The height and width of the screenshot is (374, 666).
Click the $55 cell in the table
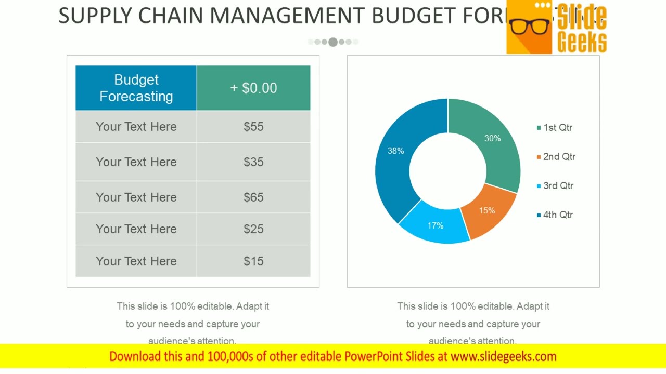click(x=253, y=127)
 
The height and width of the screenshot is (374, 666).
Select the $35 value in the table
click(x=253, y=162)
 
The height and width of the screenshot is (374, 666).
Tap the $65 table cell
click(x=253, y=197)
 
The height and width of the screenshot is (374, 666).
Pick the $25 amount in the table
click(x=253, y=229)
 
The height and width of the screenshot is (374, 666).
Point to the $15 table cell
click(x=253, y=261)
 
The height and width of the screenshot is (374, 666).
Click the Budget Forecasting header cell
click(x=136, y=88)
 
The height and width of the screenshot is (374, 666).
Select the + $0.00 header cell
click(x=253, y=88)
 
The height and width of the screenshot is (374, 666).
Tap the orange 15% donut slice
click(x=487, y=211)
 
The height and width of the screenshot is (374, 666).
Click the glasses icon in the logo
click(x=530, y=25)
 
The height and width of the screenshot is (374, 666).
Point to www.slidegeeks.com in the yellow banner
click(x=503, y=356)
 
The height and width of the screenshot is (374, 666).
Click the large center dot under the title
click(x=333, y=42)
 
